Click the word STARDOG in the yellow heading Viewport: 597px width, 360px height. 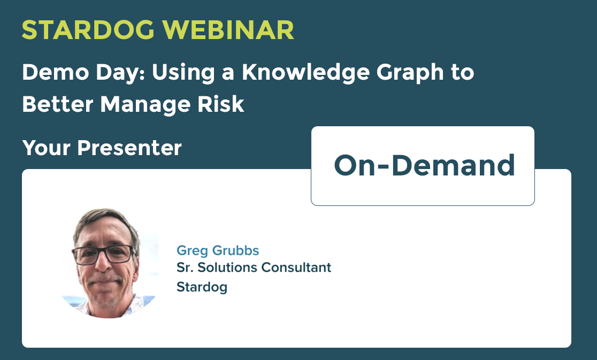[88, 29]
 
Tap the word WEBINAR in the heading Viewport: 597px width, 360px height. [228, 29]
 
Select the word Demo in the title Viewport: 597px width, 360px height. [56, 72]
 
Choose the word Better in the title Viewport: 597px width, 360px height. [57, 104]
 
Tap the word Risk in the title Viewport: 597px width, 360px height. [221, 104]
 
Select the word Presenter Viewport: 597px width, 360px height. [129, 148]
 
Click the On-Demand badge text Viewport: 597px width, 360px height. [425, 165]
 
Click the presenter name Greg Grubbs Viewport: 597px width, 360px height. [218, 250]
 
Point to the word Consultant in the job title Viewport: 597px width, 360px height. [296, 267]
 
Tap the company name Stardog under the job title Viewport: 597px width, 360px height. [202, 287]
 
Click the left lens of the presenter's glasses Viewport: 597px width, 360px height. [86, 256]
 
